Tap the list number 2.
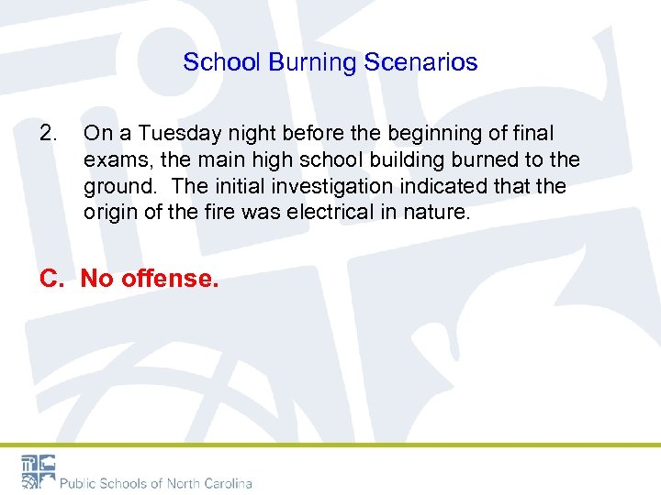coord(48,134)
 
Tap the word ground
coord(120,185)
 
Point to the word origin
coord(108,211)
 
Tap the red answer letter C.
coord(50,278)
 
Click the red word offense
coord(173,278)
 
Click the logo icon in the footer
coord(39,471)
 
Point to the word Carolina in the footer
coord(224,483)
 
